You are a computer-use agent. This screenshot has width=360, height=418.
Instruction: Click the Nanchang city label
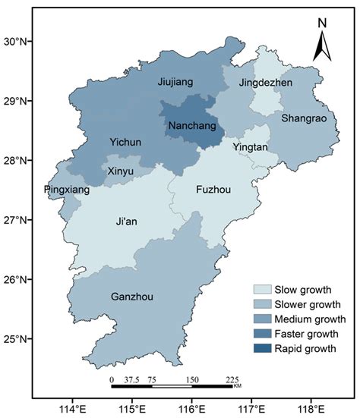click(x=191, y=125)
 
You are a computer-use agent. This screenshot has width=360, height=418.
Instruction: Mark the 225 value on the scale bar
click(x=232, y=380)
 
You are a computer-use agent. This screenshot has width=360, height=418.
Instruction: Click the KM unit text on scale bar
click(x=237, y=387)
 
